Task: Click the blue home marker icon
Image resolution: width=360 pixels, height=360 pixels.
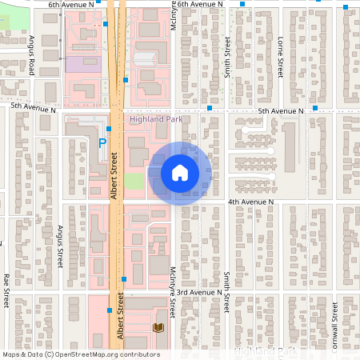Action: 180,172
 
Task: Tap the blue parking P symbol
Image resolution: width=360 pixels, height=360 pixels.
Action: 102,144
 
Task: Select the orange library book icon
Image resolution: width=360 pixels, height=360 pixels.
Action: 158,327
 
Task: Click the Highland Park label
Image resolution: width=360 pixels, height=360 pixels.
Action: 157,119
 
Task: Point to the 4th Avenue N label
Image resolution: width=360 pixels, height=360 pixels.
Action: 251,202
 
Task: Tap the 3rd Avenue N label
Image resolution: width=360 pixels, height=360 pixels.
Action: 200,293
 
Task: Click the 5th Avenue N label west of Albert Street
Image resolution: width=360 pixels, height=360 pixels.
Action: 34,107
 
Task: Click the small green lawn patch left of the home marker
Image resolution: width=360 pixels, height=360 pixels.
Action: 134,180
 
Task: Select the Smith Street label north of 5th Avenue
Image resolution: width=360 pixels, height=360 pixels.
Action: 227,55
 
